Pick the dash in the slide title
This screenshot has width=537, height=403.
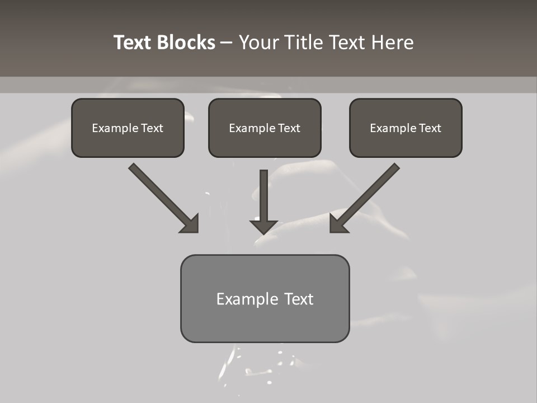[x=227, y=43]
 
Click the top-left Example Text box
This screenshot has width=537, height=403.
[x=128, y=128]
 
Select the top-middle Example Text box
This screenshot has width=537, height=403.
[x=265, y=128]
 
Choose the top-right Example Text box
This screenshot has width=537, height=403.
[x=406, y=128]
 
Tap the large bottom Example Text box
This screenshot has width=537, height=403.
[x=265, y=298]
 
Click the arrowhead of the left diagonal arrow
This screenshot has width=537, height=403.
[x=190, y=223]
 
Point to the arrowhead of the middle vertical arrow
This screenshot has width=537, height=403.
[x=263, y=227]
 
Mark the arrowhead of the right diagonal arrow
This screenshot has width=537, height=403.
[x=338, y=223]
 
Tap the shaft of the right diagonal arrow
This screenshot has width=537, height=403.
[x=369, y=193]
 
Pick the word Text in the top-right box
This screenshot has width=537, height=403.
[x=429, y=128]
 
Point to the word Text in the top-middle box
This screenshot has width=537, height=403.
[x=288, y=128]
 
